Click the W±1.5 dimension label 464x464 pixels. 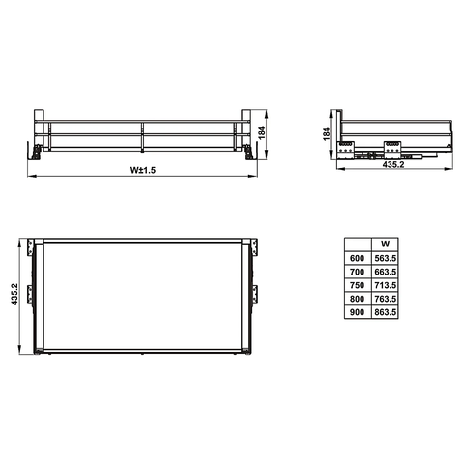[x=143, y=171]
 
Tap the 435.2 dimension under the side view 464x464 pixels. [x=393, y=165]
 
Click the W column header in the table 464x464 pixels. [x=384, y=245]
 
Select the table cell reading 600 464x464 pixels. [x=357, y=259]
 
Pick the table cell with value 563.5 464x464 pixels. [x=385, y=259]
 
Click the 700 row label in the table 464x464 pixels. [x=357, y=273]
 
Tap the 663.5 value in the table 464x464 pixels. [x=385, y=273]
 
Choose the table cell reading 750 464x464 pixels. [x=357, y=286]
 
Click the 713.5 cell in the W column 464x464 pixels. [x=385, y=286]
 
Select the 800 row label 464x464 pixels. [x=357, y=300]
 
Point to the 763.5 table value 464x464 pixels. [x=385, y=300]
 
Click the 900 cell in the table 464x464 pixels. [x=357, y=313]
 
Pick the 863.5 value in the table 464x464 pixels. [x=385, y=313]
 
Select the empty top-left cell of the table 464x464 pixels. [x=357, y=245]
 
